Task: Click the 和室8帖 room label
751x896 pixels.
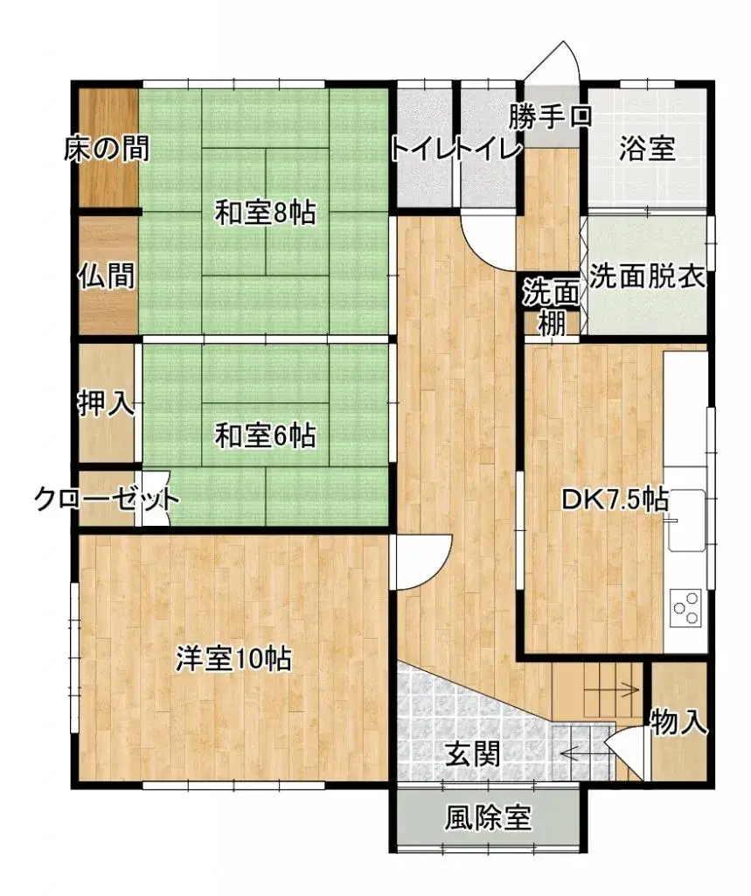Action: [266, 213]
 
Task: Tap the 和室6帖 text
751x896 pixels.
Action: [266, 435]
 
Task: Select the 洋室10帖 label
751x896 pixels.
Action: [233, 659]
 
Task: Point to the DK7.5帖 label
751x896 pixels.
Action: [615, 500]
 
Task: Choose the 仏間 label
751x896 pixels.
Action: [106, 276]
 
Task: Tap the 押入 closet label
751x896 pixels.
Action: [106, 403]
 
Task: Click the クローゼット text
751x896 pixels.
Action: [107, 500]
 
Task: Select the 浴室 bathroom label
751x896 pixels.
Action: [647, 149]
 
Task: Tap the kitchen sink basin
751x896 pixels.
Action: [687, 521]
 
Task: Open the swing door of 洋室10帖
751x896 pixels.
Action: [423, 564]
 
